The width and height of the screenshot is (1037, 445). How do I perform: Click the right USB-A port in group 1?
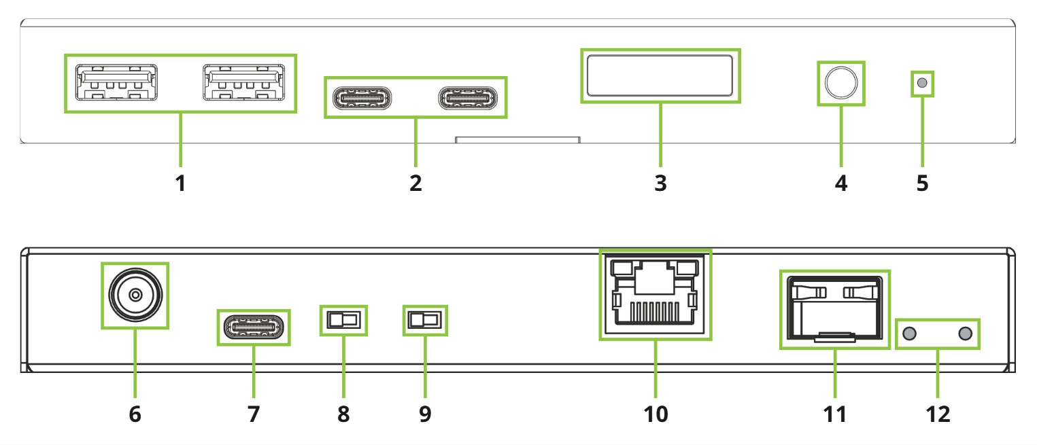[242, 83]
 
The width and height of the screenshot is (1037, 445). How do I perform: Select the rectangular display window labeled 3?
[660, 75]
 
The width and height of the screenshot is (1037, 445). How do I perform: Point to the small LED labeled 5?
[922, 84]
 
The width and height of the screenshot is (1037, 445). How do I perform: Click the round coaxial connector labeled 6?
[135, 295]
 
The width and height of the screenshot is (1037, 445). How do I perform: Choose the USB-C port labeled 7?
[253, 327]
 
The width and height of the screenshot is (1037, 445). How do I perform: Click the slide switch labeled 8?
[343, 319]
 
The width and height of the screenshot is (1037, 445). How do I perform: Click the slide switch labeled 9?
[424, 319]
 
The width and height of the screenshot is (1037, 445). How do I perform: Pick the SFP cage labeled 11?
[835, 309]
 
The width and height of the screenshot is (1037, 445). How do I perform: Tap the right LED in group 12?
[964, 334]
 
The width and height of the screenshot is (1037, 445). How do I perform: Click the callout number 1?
[180, 183]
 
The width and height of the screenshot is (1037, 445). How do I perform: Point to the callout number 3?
[660, 183]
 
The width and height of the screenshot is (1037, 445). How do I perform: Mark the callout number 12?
[938, 414]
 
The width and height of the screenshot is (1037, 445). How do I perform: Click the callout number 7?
[253, 414]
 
